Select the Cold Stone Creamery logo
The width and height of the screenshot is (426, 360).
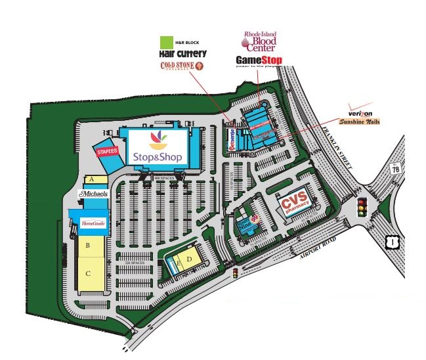pos(182,66)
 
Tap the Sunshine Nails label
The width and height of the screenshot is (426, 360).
pos(359,121)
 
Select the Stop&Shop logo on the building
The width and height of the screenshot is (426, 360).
pos(158,148)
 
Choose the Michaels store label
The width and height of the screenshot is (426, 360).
pos(93,194)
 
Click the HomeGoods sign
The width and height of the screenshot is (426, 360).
pos(92,223)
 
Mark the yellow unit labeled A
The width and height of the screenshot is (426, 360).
pos(93,179)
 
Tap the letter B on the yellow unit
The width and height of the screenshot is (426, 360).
pos(87,246)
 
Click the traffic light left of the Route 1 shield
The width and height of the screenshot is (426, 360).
pos(360,208)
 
